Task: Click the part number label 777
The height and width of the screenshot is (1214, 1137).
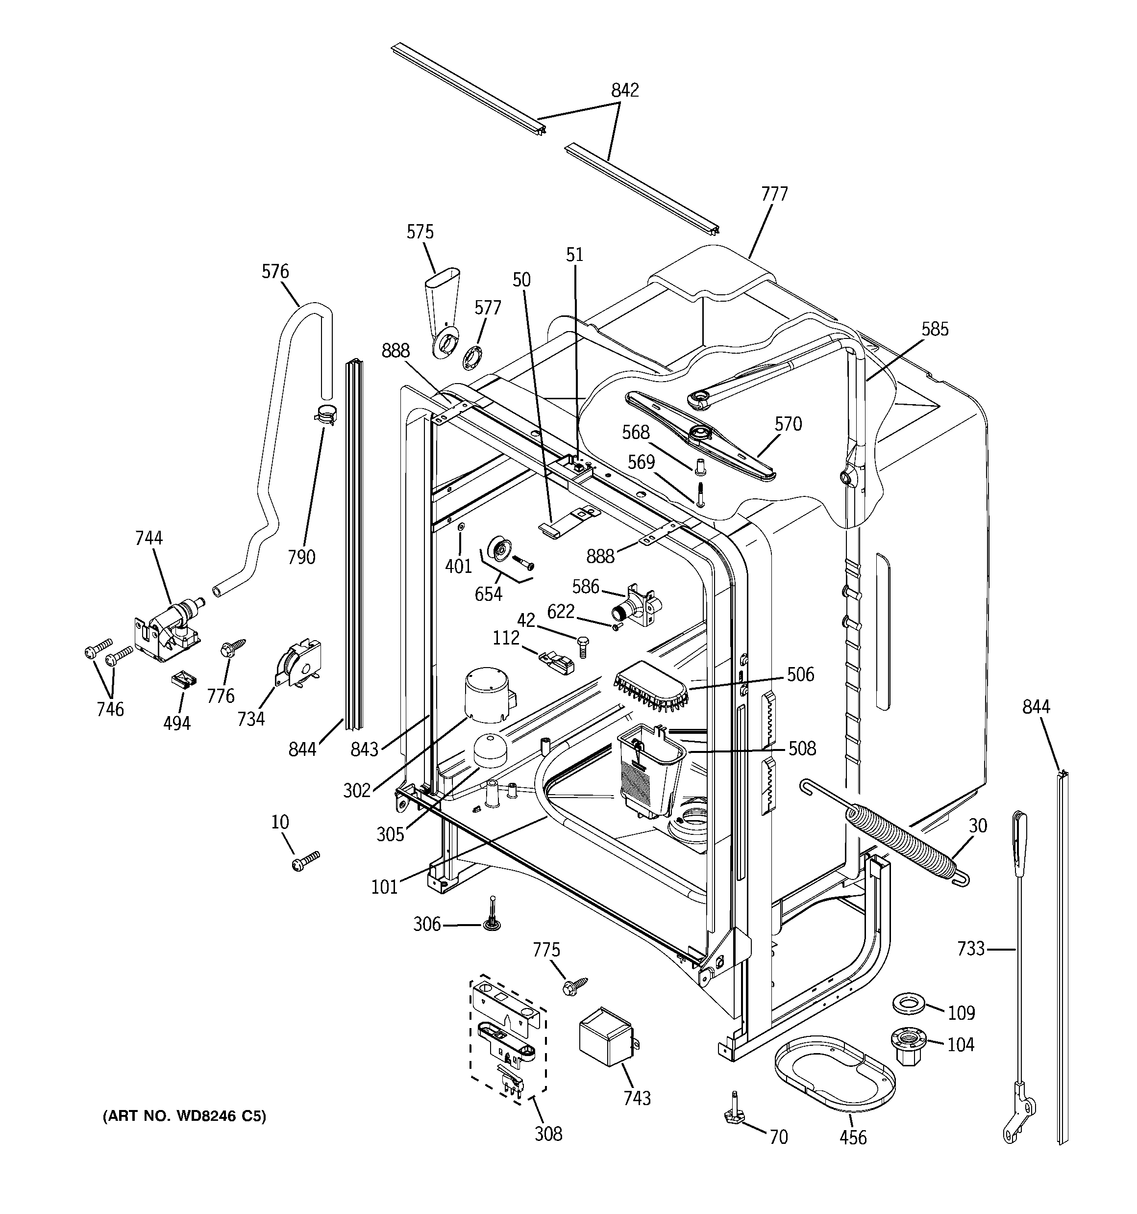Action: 774,194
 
